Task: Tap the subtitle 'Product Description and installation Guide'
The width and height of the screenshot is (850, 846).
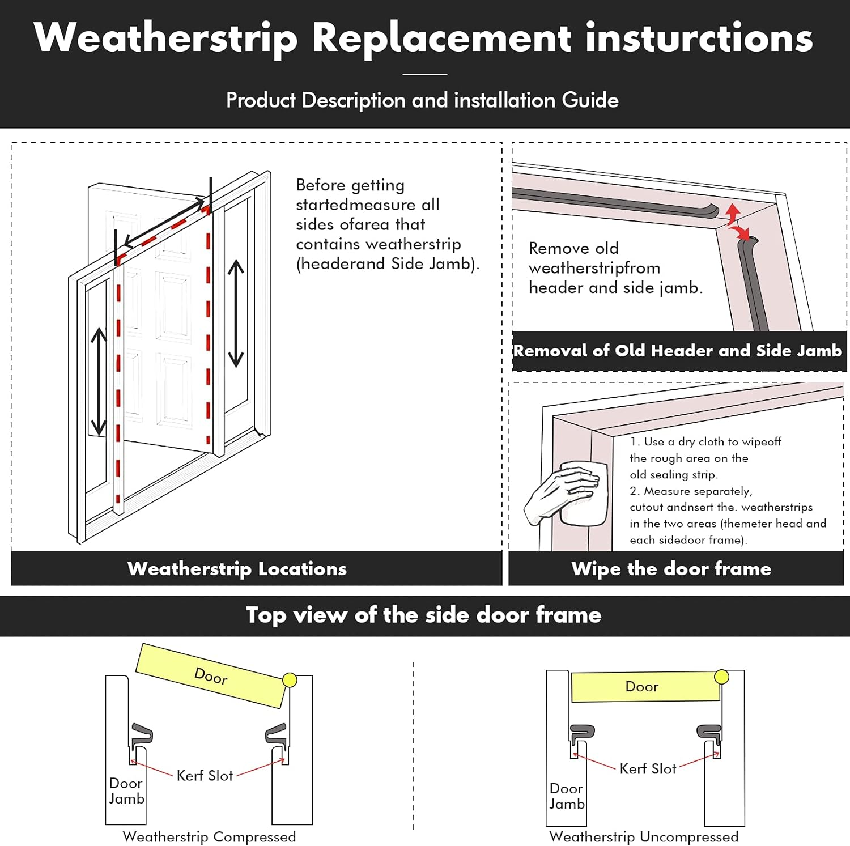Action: coord(422,100)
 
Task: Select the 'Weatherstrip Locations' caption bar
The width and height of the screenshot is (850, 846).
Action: coord(237,568)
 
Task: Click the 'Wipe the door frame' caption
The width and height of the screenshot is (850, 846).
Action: coord(671,568)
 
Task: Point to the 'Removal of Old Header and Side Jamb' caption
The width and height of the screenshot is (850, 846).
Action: coord(678,351)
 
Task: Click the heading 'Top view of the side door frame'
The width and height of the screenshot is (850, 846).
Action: coord(424,615)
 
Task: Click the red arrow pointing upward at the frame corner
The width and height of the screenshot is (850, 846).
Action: coord(733,212)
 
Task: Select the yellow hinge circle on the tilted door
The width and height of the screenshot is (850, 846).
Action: coord(290,680)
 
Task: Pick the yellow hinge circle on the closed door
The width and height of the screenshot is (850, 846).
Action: coord(721,677)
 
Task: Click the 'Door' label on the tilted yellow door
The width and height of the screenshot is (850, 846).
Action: coord(211,675)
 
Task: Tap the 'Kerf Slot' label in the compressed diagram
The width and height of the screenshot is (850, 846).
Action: coord(205,776)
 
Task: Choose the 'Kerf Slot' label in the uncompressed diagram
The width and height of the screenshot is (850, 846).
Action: coord(648,769)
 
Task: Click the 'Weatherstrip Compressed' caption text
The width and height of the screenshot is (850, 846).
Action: coord(209,836)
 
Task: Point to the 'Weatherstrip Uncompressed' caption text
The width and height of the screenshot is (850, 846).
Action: coord(644,836)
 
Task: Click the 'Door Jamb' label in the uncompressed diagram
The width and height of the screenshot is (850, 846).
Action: coord(567,796)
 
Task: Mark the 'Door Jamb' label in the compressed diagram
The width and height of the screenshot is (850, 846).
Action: coord(126,790)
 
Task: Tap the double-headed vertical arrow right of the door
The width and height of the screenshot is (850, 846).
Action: coord(236,313)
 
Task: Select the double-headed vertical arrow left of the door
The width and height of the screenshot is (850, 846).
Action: coord(99,381)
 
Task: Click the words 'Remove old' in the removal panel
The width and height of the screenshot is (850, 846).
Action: coord(573,248)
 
